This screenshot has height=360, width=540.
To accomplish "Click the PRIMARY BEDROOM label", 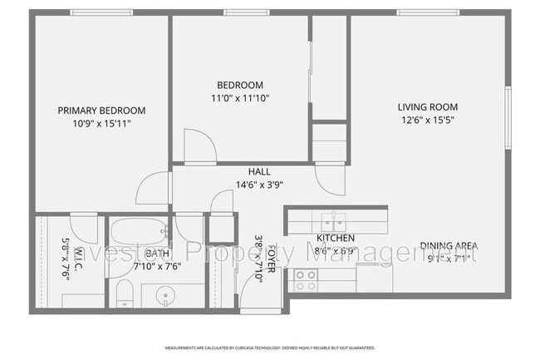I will [x=101, y=110].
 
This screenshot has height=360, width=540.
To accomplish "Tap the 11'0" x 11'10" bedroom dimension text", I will [x=240, y=98].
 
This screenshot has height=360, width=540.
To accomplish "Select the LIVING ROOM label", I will [x=427, y=106].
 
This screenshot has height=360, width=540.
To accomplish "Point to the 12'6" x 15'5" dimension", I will [x=427, y=120].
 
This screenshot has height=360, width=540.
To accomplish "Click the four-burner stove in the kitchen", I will [x=305, y=280].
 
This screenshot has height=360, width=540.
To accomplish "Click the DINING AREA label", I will [x=448, y=245].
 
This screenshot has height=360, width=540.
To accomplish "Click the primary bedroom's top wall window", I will [x=101, y=12].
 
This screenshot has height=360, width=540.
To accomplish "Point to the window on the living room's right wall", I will [x=508, y=116].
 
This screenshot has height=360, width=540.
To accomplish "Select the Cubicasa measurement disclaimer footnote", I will [x=269, y=348].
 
